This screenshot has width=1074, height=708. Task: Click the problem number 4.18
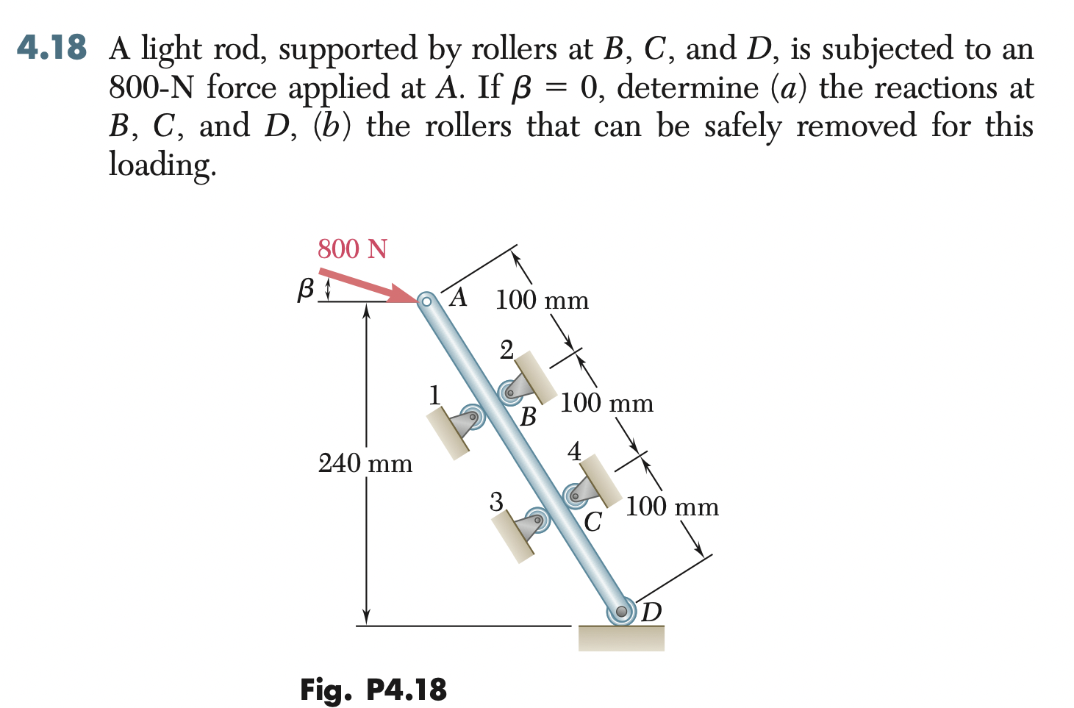(51, 48)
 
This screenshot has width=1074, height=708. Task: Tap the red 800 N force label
(352, 249)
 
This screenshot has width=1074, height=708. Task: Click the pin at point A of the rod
(426, 300)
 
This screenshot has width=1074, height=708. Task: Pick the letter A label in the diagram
(459, 297)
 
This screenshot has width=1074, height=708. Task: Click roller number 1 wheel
(473, 417)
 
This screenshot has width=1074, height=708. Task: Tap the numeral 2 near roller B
(506, 350)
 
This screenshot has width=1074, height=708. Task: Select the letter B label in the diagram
(528, 418)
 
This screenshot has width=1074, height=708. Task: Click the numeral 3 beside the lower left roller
(496, 502)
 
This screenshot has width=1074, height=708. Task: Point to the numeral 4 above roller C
(574, 451)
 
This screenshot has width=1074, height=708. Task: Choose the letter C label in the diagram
(593, 522)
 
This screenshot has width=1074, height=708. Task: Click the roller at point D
(622, 611)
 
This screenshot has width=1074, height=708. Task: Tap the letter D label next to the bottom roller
(651, 612)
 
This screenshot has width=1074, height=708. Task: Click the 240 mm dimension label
(365, 463)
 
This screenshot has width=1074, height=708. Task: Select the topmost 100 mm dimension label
(542, 300)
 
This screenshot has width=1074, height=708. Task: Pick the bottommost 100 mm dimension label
(672, 507)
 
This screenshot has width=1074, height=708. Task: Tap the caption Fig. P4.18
(373, 690)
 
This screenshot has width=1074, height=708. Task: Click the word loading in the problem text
(162, 164)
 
